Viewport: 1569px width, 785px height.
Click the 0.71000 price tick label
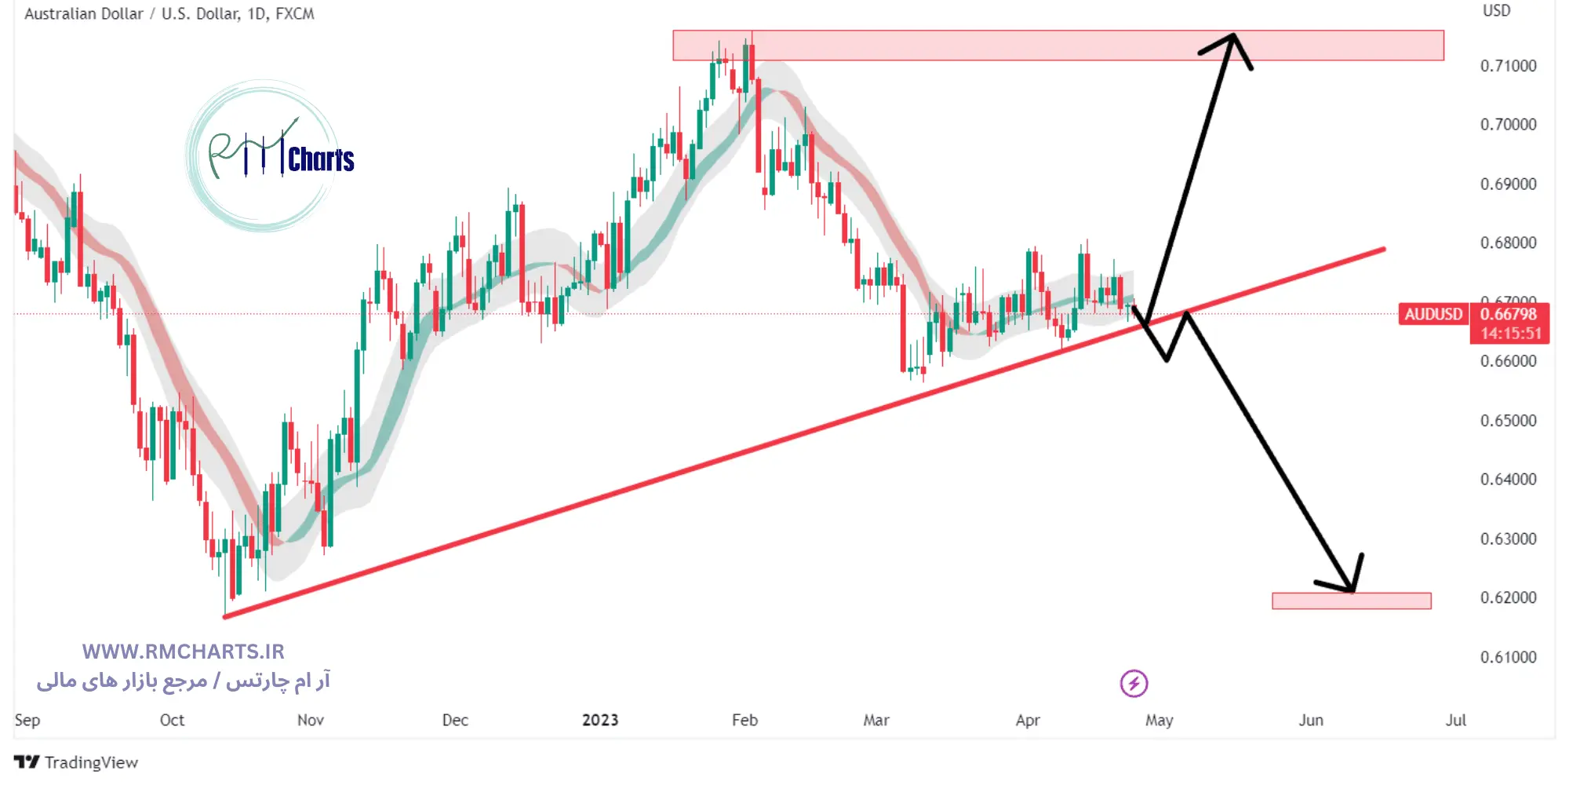(x=1508, y=66)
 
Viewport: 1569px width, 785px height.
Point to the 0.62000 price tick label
(x=1508, y=597)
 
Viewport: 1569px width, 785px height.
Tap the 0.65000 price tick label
(x=1508, y=421)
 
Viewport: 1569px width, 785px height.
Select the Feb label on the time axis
(x=744, y=720)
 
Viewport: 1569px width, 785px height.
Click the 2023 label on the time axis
(x=600, y=720)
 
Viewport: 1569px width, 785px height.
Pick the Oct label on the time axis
(x=172, y=720)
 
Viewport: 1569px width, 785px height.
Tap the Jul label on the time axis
(x=1455, y=720)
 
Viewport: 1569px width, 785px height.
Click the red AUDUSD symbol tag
(x=1433, y=314)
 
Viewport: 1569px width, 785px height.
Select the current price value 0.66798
(x=1509, y=314)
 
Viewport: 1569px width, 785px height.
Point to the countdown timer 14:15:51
(x=1510, y=334)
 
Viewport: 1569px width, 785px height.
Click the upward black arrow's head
(x=1232, y=39)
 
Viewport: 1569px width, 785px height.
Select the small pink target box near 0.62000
(x=1351, y=601)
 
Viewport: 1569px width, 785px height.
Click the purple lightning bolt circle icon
(x=1134, y=683)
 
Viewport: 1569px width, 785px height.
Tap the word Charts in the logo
(x=321, y=160)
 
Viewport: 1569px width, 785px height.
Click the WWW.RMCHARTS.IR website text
(x=183, y=652)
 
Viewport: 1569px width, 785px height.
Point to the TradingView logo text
(x=90, y=762)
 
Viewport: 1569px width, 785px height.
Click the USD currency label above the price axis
(x=1496, y=11)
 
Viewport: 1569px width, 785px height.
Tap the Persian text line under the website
(x=183, y=681)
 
